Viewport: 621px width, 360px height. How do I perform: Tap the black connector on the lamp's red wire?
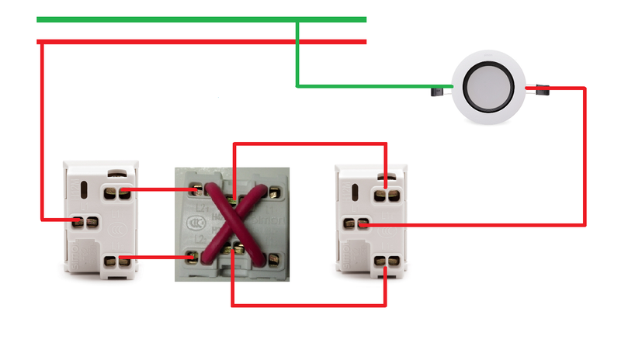coord(541,91)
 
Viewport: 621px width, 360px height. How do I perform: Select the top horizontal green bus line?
coord(202,19)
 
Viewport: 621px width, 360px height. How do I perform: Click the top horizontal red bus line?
coord(202,42)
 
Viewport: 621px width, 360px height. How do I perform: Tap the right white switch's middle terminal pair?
coord(355,224)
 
